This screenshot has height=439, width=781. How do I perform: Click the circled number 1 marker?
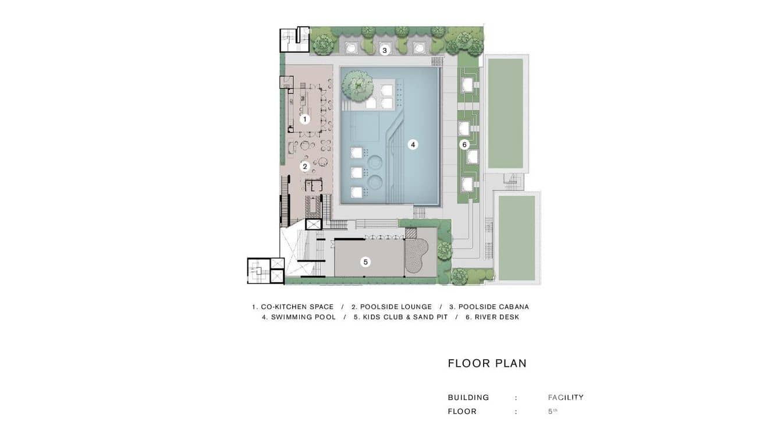(305, 119)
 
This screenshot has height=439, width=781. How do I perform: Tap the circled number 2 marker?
(305, 167)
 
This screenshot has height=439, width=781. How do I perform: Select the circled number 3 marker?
(385, 51)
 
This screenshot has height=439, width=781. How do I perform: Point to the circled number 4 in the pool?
(413, 145)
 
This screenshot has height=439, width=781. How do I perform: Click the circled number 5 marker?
(365, 262)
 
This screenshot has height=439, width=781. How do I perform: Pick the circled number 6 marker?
(464, 145)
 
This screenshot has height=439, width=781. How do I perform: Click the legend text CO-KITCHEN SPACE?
(297, 307)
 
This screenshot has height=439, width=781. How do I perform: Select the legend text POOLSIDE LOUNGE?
(396, 307)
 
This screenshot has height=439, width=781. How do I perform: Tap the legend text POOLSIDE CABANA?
(494, 307)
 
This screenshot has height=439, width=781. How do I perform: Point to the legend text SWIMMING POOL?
(303, 317)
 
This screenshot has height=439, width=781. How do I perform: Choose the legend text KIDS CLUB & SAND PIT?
(405, 317)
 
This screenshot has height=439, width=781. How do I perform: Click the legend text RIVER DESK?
(497, 317)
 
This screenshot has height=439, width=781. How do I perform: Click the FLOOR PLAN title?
(487, 363)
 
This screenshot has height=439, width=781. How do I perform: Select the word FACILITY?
(566, 398)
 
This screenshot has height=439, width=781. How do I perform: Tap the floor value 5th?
(553, 412)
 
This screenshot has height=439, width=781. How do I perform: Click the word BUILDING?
(468, 398)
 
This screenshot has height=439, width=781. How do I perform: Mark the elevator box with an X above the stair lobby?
(313, 224)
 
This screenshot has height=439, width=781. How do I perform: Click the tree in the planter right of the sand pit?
(445, 250)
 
